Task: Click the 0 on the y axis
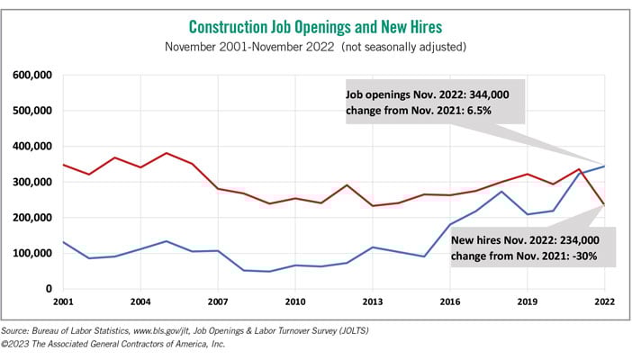click(x=50, y=289)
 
